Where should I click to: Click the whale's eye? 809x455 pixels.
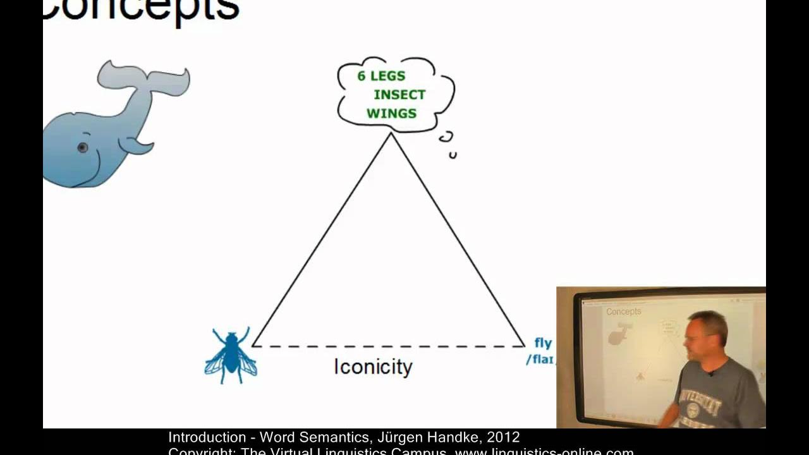(x=82, y=147)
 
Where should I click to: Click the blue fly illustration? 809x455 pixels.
(x=231, y=355)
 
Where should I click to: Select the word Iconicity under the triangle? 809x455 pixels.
(x=373, y=367)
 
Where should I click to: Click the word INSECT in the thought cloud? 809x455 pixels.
(x=399, y=95)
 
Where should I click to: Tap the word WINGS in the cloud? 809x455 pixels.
(x=391, y=114)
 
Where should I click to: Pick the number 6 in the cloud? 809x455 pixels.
(x=362, y=76)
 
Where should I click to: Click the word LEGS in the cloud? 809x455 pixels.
(x=387, y=76)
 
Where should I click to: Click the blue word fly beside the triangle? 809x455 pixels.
(x=543, y=343)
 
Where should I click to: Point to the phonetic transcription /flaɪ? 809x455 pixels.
(x=540, y=360)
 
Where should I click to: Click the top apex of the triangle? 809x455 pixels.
(x=391, y=133)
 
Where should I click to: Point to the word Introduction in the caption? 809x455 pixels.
(x=207, y=437)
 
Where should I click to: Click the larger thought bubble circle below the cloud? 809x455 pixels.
(x=446, y=136)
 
